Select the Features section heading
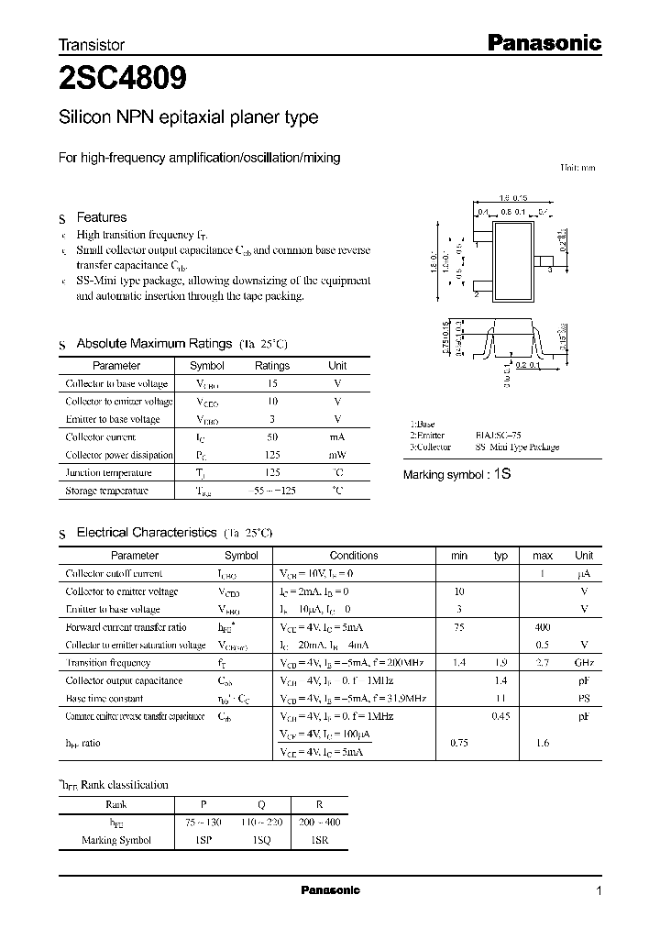click(101, 218)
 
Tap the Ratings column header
click(271, 366)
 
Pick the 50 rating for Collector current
click(271, 437)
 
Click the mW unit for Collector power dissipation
click(337, 455)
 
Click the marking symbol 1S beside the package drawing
click(500, 475)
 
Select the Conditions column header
click(354, 556)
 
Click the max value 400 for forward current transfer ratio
click(543, 627)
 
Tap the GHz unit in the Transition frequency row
click(584, 663)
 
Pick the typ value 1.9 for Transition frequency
click(500, 663)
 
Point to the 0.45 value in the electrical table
click(500, 716)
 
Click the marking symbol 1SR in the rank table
click(319, 839)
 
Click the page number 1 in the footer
click(599, 891)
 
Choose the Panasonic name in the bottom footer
click(331, 890)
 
